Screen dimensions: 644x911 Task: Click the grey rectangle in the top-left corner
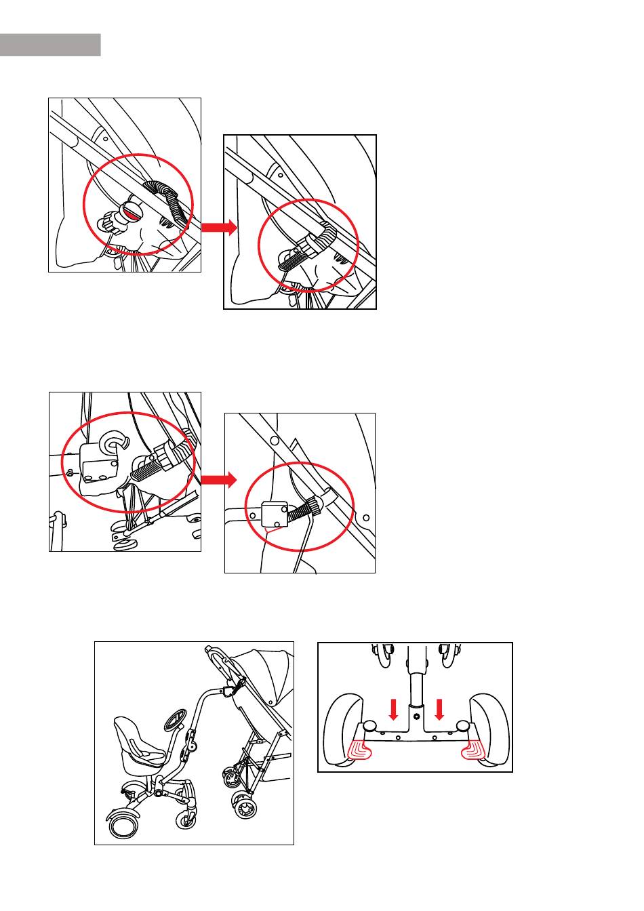pyautogui.click(x=50, y=45)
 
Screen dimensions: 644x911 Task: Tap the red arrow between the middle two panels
pyautogui.click(x=219, y=481)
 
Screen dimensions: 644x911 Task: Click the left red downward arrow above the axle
pyautogui.click(x=393, y=710)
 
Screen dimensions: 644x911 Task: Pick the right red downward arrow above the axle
pyautogui.click(x=439, y=710)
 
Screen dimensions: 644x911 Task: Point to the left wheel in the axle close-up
pyautogui.click(x=344, y=728)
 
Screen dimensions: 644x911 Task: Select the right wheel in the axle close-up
pyautogui.click(x=490, y=728)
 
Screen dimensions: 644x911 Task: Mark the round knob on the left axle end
pyautogui.click(x=370, y=727)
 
